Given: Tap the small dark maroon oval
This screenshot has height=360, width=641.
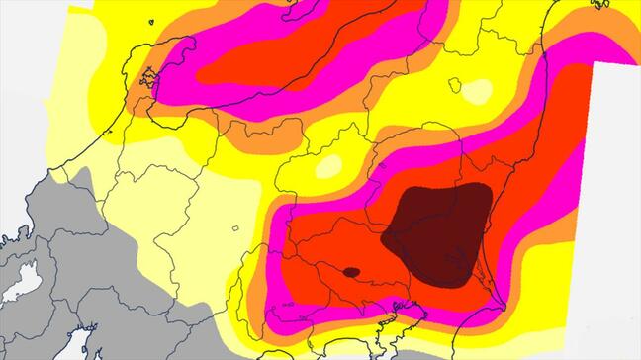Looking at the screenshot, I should [350, 272].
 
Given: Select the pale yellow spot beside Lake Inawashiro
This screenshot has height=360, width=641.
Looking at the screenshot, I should [478, 92].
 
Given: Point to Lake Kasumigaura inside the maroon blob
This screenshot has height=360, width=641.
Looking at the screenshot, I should [457, 263].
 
